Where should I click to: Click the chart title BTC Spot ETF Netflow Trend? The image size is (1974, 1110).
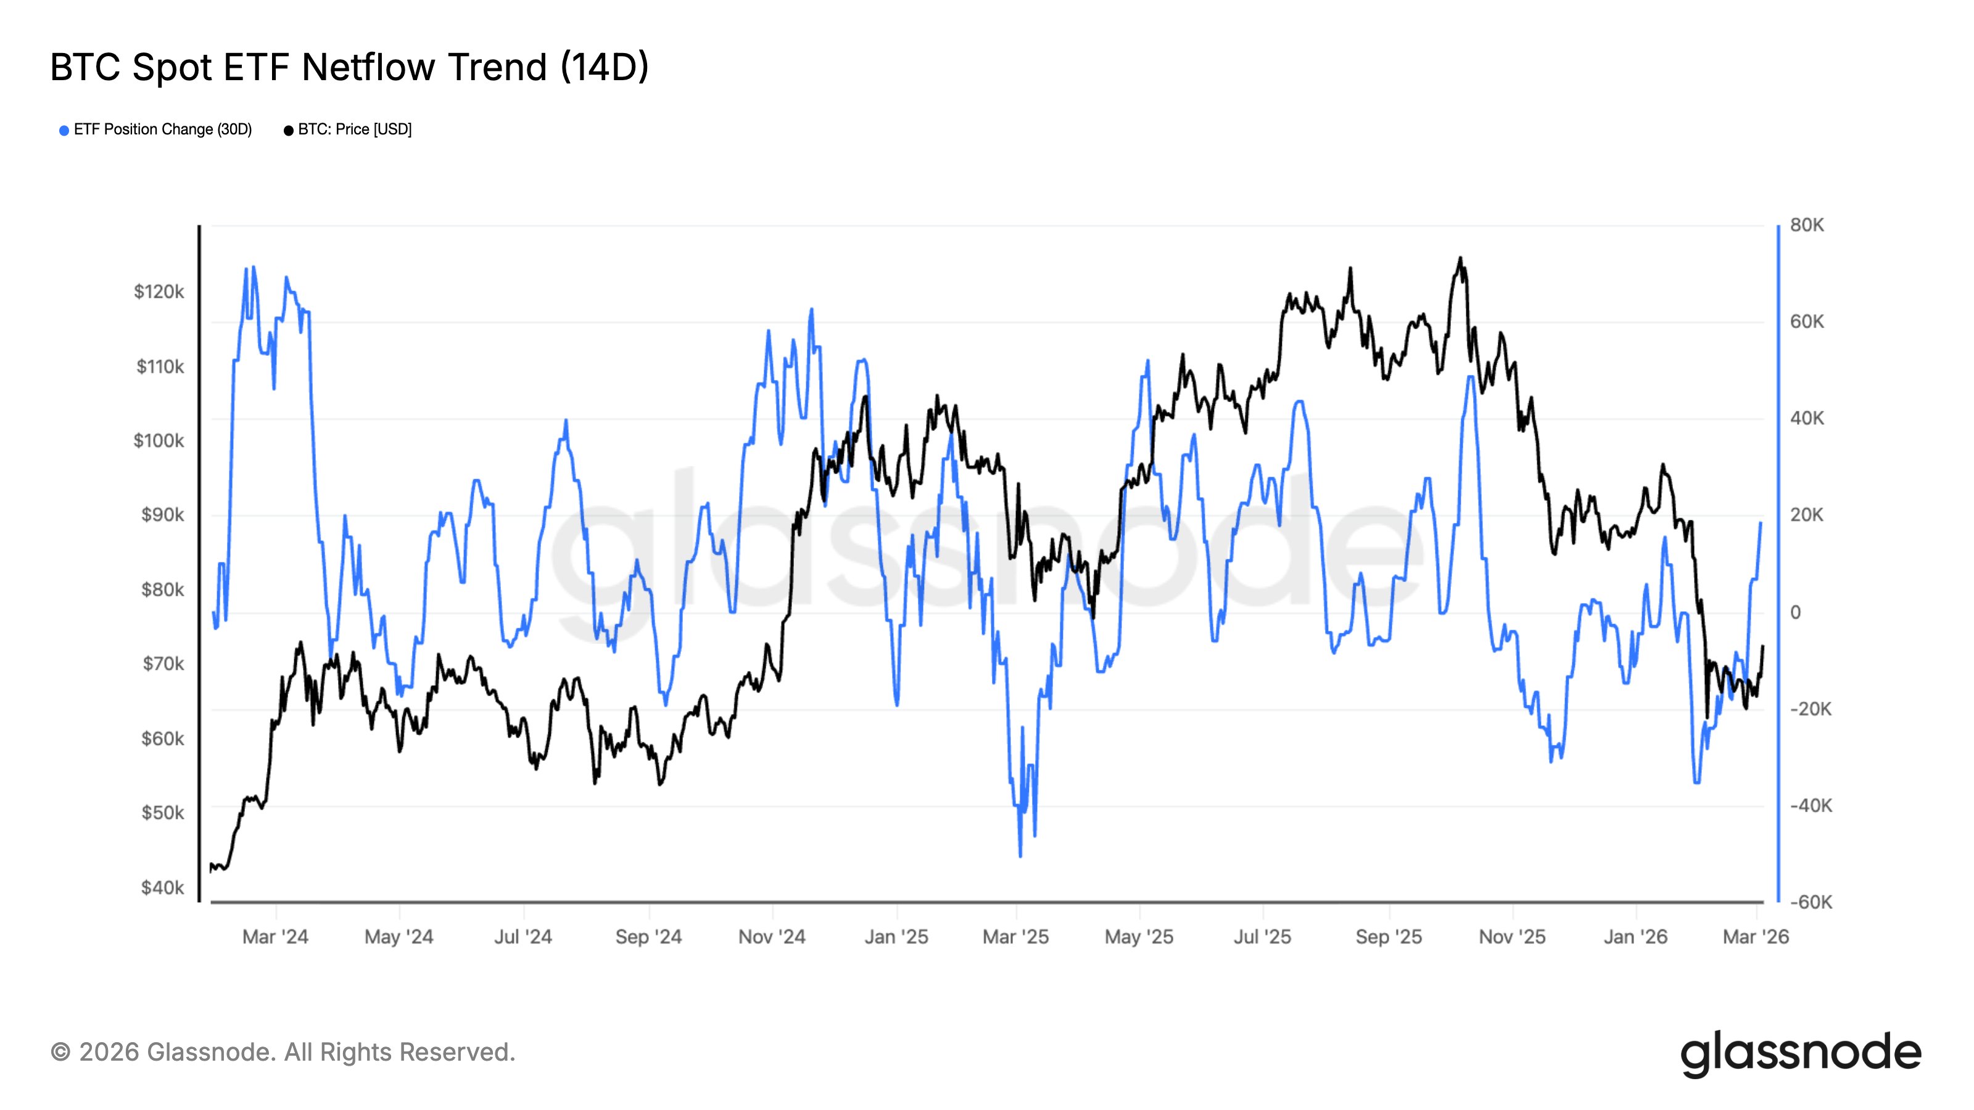click(349, 67)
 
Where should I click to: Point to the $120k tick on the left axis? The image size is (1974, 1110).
click(159, 292)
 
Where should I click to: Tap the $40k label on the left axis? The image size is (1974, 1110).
click(162, 888)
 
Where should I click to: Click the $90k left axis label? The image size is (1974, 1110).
click(162, 515)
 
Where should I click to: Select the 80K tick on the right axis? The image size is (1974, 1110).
click(1806, 225)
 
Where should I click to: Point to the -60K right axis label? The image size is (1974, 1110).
click(1810, 902)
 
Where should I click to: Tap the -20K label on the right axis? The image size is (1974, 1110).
click(1810, 709)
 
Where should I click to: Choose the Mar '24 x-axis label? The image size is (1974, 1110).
click(275, 937)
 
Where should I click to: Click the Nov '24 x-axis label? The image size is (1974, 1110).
click(772, 937)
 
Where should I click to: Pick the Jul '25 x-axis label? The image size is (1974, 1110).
click(1262, 937)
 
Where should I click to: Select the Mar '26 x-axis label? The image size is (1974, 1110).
click(1755, 937)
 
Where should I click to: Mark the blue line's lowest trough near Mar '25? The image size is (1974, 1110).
click(1020, 856)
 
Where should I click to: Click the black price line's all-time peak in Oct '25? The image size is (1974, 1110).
click(1460, 258)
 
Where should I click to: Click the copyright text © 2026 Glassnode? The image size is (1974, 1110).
click(283, 1053)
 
